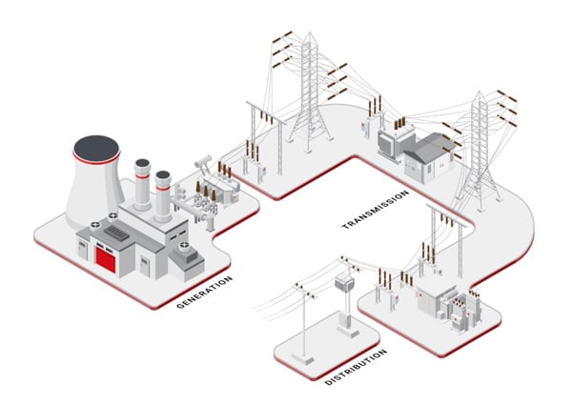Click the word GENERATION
[x=204, y=293]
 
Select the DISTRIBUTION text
[x=356, y=366]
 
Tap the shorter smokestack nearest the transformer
[x=163, y=195]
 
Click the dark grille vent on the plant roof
[x=114, y=233]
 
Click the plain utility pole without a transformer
[x=304, y=319]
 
